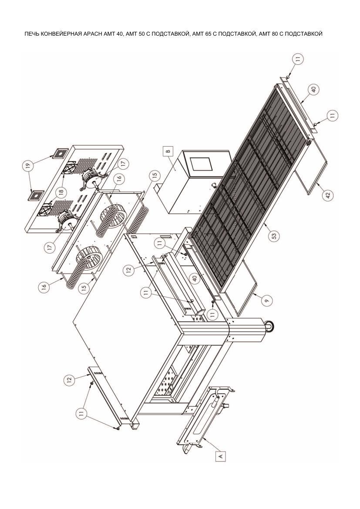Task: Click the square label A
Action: [221, 456]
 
